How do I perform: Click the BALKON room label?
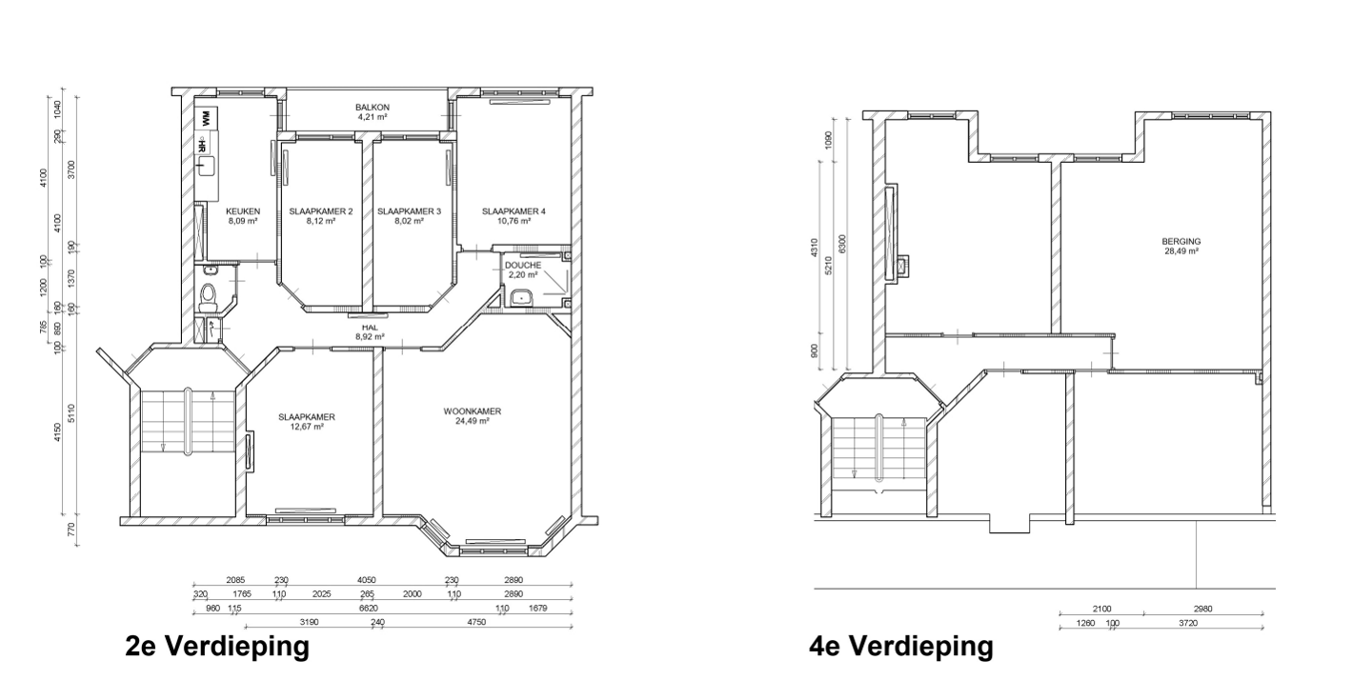coord(373,108)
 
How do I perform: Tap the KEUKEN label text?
coord(243,210)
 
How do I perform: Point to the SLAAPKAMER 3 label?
coord(409,210)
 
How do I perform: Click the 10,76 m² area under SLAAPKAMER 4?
coord(513,221)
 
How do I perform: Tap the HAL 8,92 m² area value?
coord(370,336)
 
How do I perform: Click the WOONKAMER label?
coord(472,411)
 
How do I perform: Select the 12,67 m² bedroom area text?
coord(307,428)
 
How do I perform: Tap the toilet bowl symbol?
coord(211,296)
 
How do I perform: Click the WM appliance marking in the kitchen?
coord(204,121)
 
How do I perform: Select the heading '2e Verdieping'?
coord(217,647)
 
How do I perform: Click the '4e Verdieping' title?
coord(900,647)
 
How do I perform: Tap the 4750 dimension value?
coord(475,622)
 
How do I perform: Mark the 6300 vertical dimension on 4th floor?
coord(841,245)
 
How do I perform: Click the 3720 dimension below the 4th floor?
coord(1188,623)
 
